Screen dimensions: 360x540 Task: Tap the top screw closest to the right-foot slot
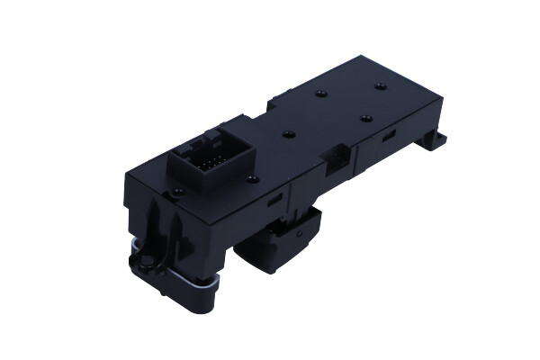pyautogui.click(x=365, y=117)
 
